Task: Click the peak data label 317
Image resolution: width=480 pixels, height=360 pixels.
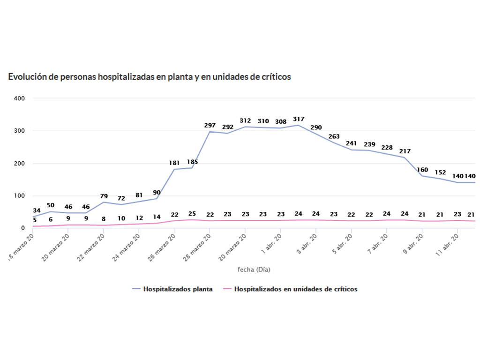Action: [x=299, y=119]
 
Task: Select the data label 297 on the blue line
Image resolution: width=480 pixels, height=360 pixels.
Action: [x=210, y=126]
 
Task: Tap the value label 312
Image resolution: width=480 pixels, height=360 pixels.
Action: [x=245, y=121]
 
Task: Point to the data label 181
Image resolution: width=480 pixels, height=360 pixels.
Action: [x=174, y=163]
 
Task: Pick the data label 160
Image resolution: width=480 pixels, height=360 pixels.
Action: [x=422, y=170]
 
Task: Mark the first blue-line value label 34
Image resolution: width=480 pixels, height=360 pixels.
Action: [x=37, y=210]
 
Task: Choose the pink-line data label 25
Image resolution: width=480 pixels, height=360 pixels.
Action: [x=192, y=214]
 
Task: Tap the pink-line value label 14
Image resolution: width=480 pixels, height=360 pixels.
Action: [x=157, y=217]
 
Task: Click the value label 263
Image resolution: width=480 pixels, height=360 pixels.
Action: [x=334, y=136]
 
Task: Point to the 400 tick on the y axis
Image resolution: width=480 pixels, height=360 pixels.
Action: [x=19, y=98]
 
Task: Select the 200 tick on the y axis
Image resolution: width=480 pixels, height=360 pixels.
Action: [x=19, y=164]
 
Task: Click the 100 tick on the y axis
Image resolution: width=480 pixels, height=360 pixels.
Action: [x=19, y=196]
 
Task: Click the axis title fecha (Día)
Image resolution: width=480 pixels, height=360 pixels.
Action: [x=254, y=270]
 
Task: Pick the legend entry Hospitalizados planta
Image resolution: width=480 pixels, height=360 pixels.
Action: [x=178, y=289]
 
